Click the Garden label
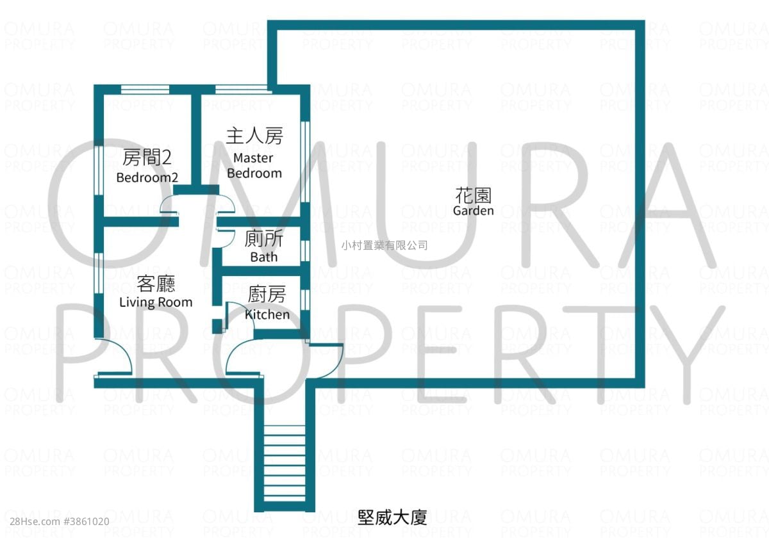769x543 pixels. [x=473, y=210]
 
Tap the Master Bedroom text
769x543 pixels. [x=254, y=165]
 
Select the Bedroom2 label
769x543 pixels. [x=147, y=177]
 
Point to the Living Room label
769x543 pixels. [x=156, y=302]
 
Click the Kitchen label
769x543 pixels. [x=267, y=314]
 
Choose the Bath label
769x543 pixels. [x=263, y=257]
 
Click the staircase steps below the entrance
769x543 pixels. [x=285, y=464]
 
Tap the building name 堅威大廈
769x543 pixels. [x=392, y=517]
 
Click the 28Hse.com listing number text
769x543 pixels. [x=60, y=522]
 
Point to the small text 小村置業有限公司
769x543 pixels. [x=384, y=245]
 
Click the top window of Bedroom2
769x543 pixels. [x=145, y=90]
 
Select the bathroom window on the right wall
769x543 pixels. [x=305, y=251]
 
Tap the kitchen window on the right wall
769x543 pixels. [x=305, y=300]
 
